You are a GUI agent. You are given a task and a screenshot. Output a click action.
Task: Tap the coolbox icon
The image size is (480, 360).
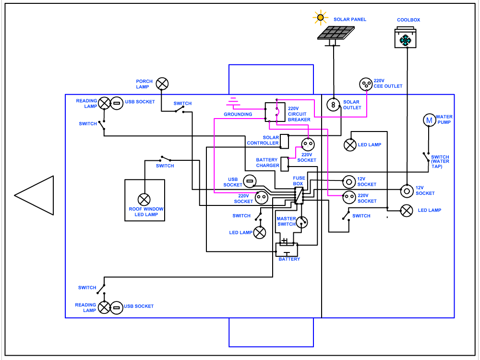406,38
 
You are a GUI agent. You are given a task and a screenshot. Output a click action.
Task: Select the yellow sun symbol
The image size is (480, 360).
320,18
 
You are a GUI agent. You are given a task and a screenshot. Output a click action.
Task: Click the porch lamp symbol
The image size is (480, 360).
163,84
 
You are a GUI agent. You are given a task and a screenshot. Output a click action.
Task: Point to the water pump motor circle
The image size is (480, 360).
429,120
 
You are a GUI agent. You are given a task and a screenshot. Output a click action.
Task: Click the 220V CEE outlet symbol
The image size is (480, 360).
366,84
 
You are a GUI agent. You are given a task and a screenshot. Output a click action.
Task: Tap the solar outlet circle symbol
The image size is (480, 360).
333,104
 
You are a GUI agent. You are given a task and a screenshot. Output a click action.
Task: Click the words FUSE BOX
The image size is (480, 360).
299,181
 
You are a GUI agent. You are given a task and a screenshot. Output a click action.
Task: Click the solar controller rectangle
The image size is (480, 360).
284,141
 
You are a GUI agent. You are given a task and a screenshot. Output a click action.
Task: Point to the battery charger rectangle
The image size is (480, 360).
285,164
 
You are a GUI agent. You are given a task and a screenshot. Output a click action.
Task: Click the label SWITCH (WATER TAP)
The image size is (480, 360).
440,161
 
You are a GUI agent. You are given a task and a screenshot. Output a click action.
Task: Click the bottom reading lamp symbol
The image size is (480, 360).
104,307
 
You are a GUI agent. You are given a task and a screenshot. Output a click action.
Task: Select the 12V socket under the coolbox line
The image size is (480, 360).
407,191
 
